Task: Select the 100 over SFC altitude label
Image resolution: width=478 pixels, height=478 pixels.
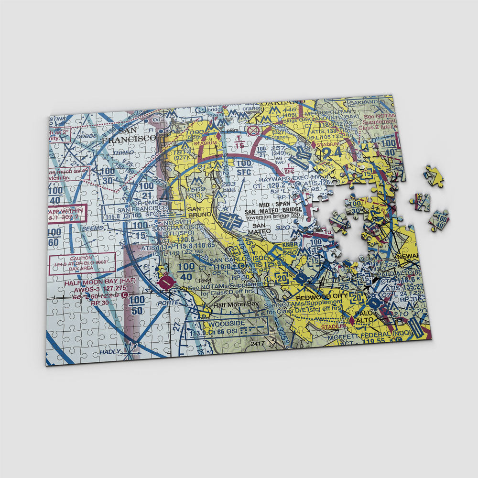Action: (244, 167)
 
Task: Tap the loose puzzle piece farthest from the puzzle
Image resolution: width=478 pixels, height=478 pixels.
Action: (433, 176)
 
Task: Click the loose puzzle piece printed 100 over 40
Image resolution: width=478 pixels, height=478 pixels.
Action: (438, 220)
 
